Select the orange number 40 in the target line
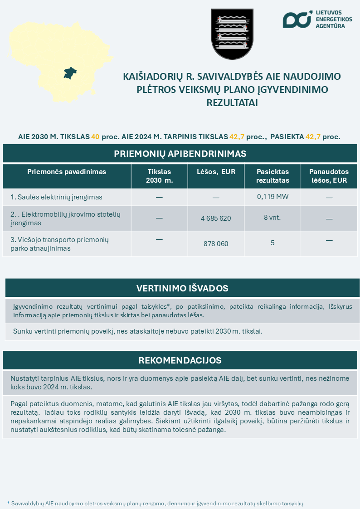click(x=95, y=136)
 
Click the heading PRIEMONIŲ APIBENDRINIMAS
click(x=180, y=154)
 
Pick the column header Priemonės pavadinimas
click(x=67, y=172)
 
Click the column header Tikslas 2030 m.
click(x=159, y=176)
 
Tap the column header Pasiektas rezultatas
click(x=272, y=176)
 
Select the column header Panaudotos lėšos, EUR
click(x=329, y=176)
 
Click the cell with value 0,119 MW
click(x=272, y=196)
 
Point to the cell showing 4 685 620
click(x=216, y=218)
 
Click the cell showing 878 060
click(x=216, y=243)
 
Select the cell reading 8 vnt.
click(x=272, y=218)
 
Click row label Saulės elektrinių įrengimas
click(x=56, y=197)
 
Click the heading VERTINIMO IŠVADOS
click(x=182, y=288)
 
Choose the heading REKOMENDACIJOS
click(x=180, y=360)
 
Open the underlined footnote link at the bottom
click(x=157, y=503)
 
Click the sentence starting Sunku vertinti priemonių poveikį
click(x=138, y=331)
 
